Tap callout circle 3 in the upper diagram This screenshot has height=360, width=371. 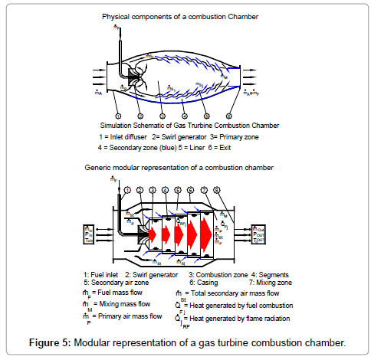click(x=163, y=116)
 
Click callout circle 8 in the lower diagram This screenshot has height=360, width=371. click(x=218, y=189)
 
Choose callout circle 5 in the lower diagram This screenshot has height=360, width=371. click(x=179, y=189)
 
